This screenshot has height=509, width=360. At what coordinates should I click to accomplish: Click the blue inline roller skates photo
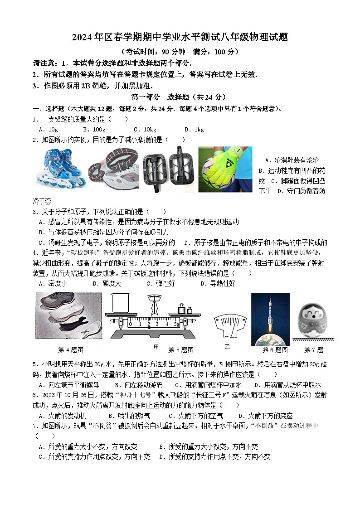point(61,169)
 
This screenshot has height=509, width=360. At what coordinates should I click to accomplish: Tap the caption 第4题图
point(71,350)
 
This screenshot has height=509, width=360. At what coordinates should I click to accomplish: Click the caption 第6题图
point(275,350)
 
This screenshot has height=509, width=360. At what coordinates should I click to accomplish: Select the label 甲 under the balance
point(156,347)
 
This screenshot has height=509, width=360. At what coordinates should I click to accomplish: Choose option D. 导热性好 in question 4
point(218,284)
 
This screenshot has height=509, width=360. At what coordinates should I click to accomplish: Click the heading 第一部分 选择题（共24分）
point(178,97)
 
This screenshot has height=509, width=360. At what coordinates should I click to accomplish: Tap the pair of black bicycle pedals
point(169,169)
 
